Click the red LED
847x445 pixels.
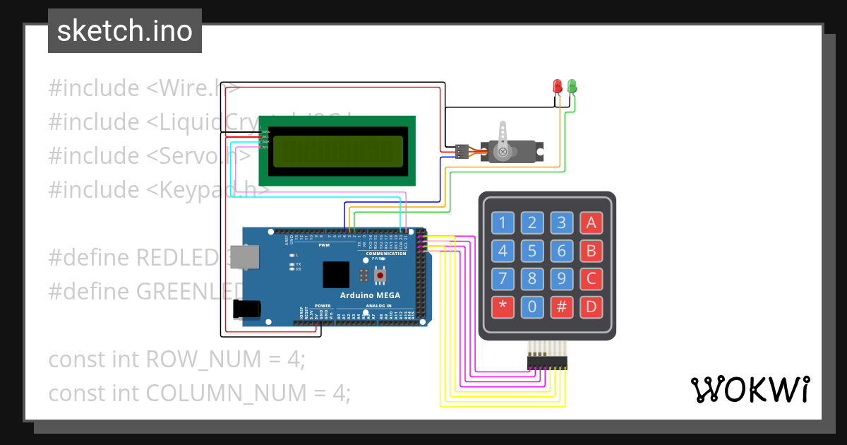557,86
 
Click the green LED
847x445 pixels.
572,86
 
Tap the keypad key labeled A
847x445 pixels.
591,223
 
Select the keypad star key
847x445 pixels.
503,307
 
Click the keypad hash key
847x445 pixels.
562,307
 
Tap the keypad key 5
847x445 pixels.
532,251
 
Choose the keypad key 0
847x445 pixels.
532,307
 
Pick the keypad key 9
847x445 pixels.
562,278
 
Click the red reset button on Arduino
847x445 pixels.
380,273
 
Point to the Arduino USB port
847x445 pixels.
246,259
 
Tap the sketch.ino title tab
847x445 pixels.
125,31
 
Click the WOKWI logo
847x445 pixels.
750,389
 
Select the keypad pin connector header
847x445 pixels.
547,362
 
